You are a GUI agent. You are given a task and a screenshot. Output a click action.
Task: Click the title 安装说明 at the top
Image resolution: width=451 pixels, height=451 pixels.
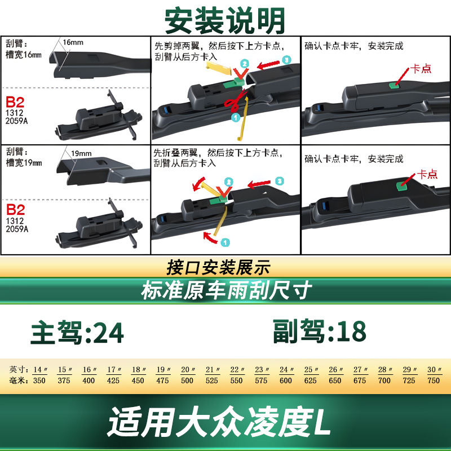224,21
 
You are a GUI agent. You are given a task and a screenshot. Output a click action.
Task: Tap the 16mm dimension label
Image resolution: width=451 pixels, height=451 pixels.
73,43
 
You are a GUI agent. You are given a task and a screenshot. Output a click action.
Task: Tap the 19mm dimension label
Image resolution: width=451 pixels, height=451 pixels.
81,153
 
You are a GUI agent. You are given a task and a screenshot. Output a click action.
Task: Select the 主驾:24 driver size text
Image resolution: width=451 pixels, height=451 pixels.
77,333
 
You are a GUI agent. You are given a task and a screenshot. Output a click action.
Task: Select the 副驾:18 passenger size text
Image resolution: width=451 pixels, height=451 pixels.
319,331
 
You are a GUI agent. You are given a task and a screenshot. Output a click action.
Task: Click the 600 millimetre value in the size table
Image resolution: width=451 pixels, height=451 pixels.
286,381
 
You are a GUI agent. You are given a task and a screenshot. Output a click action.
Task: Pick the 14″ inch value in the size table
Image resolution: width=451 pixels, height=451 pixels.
40,369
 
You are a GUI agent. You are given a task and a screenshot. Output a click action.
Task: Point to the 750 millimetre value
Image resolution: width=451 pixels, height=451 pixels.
434,381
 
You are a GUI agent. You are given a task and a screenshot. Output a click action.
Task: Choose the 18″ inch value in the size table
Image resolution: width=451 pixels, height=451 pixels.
139,369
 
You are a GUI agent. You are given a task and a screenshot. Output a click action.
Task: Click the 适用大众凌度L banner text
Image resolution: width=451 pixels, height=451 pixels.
219,422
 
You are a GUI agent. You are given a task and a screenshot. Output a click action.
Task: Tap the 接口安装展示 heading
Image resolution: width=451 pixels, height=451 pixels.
218,267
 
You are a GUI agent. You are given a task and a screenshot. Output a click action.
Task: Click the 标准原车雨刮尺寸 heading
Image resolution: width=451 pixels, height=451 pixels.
227,290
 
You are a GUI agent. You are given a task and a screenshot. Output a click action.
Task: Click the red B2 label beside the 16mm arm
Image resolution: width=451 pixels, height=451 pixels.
15,102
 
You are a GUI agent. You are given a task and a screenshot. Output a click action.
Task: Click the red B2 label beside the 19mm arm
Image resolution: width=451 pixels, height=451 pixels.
16,210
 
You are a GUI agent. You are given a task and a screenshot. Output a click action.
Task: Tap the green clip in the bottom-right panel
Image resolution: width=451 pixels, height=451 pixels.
401,186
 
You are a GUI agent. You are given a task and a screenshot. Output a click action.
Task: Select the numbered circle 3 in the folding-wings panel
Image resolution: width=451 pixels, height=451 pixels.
279,181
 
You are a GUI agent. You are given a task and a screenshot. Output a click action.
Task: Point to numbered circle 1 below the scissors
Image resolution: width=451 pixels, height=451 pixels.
236,117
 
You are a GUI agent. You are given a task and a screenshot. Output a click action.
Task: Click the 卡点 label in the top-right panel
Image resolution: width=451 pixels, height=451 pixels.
421,68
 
